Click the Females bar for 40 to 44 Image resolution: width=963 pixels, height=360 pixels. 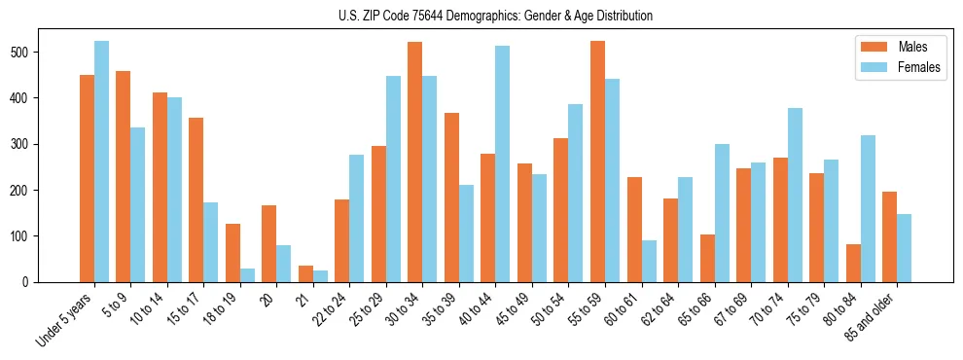coord(502,164)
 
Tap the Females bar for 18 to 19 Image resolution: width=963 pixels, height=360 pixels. coord(247,275)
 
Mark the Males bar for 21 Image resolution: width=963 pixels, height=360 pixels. coord(305,274)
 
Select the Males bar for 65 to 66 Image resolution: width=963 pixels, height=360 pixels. coord(707,259)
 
